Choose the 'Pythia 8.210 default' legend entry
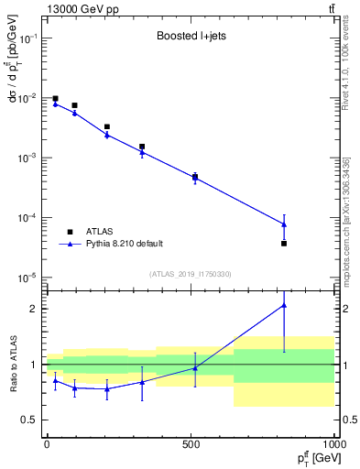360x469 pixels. pos(124,244)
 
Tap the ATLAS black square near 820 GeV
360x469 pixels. pos(284,243)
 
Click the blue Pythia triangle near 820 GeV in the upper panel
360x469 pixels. pos(284,224)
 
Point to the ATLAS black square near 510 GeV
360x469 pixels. pos(194,177)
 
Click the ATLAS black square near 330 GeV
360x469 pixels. pos(142,146)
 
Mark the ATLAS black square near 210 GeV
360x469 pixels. pos(107,126)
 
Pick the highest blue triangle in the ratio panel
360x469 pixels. pos(284,305)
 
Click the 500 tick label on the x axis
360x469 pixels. pos(191,442)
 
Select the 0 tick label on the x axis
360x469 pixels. pos(47,442)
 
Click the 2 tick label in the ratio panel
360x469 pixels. pos(34,309)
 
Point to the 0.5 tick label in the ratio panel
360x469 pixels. pos(29,420)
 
